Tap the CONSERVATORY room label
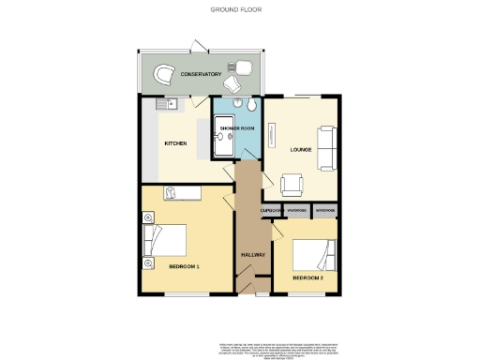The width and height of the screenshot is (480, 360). point(201,73)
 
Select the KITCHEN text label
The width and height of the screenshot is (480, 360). point(175,142)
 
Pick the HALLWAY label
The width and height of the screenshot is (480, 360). point(253,254)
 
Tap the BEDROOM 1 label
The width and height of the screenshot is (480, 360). point(185,267)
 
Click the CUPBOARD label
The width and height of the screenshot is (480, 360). point(272,210)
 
